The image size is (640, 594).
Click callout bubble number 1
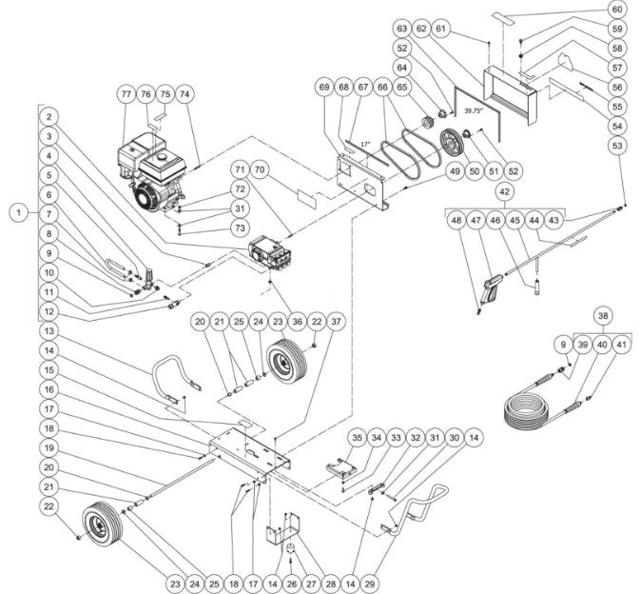click(x=16, y=213)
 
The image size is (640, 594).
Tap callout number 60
click(x=617, y=10)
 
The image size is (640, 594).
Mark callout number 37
click(x=336, y=322)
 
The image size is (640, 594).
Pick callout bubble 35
click(x=358, y=439)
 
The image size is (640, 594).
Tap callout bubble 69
click(x=325, y=88)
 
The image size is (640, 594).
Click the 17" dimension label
click(x=364, y=145)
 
